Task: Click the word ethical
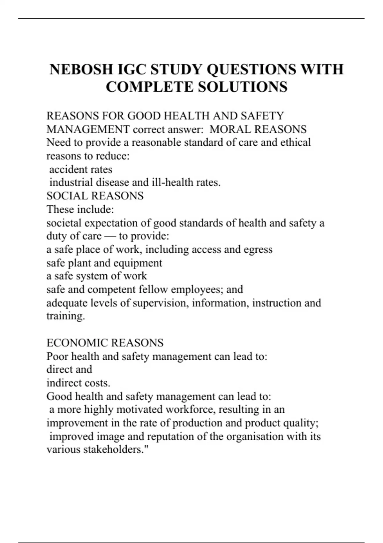coord(296,142)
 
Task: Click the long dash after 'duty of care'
coord(110,236)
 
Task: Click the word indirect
coord(61,383)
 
